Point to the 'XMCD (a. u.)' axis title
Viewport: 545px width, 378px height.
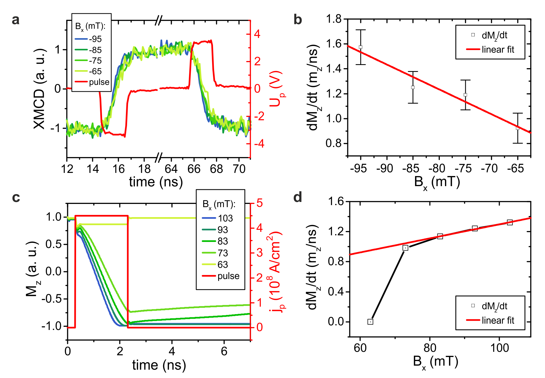point(40,89)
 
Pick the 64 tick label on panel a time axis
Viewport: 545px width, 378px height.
point(171,169)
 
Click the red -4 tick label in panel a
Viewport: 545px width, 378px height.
point(257,144)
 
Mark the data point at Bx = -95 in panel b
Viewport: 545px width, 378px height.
point(361,47)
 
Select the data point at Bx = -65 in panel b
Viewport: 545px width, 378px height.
point(518,128)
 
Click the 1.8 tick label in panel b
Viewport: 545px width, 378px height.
point(334,19)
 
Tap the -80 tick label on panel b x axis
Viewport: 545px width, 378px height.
point(439,168)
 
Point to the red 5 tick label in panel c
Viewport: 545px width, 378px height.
point(259,203)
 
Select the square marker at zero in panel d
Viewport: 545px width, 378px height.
point(370,322)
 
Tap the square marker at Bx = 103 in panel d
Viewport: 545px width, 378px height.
point(510,222)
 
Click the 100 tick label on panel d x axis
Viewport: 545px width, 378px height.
point(499,348)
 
